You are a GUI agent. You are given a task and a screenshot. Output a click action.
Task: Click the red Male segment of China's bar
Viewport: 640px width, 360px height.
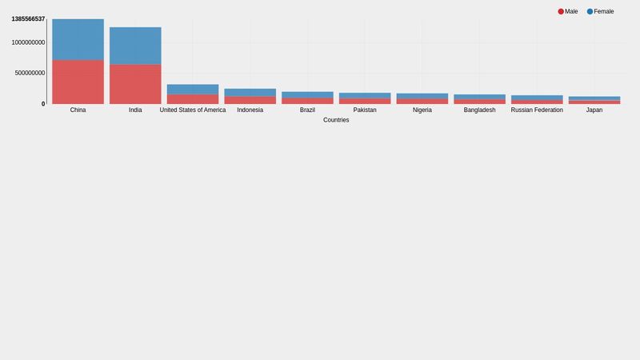pyautogui.click(x=78, y=82)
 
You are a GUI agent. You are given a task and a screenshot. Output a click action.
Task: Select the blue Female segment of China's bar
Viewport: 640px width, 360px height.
pyautogui.click(x=78, y=39)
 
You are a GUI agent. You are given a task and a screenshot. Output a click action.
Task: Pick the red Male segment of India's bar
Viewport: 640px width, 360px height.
pyautogui.click(x=135, y=84)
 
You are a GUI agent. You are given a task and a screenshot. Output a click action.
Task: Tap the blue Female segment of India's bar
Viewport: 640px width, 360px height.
pyautogui.click(x=135, y=46)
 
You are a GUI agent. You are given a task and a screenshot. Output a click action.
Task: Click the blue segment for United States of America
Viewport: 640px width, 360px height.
pyautogui.click(x=193, y=90)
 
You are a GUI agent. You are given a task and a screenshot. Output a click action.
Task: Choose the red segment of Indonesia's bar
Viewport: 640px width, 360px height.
pyautogui.click(x=250, y=100)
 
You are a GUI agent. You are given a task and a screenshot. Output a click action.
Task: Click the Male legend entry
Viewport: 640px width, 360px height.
pyautogui.click(x=568, y=12)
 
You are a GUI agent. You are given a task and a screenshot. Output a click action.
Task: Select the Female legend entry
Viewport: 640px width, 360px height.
pyautogui.click(x=601, y=12)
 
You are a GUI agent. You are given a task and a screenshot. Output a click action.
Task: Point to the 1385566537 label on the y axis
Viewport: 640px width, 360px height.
pyautogui.click(x=28, y=19)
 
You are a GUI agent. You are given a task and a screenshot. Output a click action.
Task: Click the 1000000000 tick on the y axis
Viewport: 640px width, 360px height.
pyautogui.click(x=28, y=42)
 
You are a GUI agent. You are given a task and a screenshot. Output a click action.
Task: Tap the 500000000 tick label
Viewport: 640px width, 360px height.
pyautogui.click(x=30, y=74)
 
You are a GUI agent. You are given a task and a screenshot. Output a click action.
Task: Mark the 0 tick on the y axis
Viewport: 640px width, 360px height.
pyautogui.click(x=43, y=104)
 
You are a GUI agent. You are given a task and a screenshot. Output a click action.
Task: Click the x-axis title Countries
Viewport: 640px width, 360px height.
pyautogui.click(x=336, y=120)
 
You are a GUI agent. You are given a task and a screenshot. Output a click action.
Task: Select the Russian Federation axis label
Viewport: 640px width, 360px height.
pyautogui.click(x=537, y=110)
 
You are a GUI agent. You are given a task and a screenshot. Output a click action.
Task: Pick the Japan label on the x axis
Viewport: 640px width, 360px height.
pyautogui.click(x=594, y=110)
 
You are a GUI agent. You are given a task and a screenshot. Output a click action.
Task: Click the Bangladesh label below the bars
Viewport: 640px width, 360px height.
pyautogui.click(x=479, y=110)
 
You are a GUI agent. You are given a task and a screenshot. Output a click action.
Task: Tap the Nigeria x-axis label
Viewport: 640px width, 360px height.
pyautogui.click(x=422, y=110)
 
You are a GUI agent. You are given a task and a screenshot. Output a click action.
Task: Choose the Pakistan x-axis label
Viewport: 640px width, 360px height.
pyautogui.click(x=365, y=110)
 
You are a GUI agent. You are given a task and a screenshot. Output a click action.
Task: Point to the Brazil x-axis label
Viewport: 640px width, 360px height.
pyautogui.click(x=307, y=110)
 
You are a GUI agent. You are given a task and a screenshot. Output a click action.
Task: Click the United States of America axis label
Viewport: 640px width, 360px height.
pyautogui.click(x=193, y=110)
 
